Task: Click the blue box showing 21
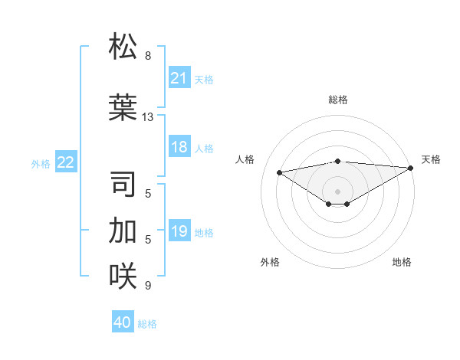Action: tap(179, 78)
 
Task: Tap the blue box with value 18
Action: tap(179, 148)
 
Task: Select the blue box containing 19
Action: tap(179, 232)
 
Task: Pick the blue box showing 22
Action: tap(66, 162)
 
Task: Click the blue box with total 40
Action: tap(123, 322)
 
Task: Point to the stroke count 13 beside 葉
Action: tap(148, 117)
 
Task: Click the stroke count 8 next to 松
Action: tap(148, 56)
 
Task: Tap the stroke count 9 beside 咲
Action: tap(148, 286)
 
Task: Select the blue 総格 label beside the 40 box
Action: tap(147, 324)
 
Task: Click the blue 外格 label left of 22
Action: tap(41, 163)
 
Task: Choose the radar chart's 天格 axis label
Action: tap(431, 159)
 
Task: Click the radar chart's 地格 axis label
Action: tap(402, 262)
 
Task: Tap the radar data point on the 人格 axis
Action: tap(279, 172)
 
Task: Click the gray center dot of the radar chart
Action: tap(337, 191)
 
